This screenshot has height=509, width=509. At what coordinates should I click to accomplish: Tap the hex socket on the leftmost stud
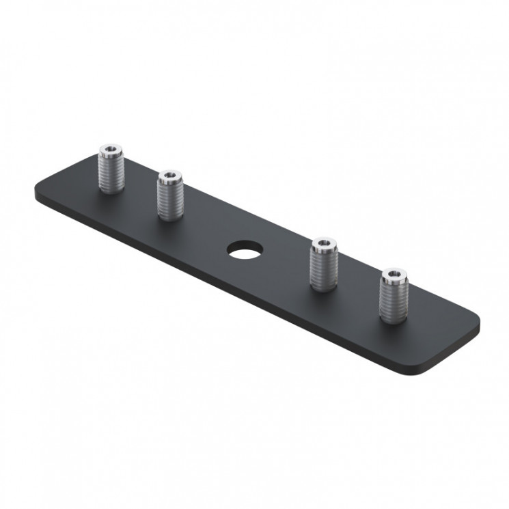109,149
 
